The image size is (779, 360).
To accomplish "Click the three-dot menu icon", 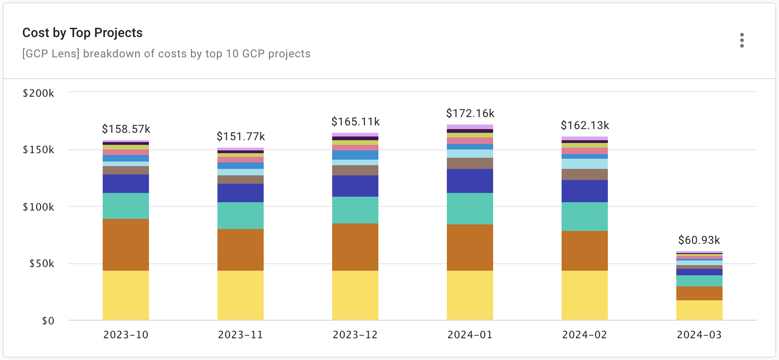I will pyautogui.click(x=742, y=40).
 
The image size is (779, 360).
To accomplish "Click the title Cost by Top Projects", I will pyautogui.click(x=82, y=33).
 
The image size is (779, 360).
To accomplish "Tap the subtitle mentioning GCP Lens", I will pyautogui.click(x=166, y=54).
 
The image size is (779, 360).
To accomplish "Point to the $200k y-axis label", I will pyautogui.click(x=38, y=93).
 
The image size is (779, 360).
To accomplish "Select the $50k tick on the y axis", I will pyautogui.click(x=42, y=264).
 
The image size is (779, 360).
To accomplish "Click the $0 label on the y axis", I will pyautogui.click(x=48, y=321).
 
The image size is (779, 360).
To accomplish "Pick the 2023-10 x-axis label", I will pyautogui.click(x=126, y=335).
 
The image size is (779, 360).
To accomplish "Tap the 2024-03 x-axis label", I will pyautogui.click(x=699, y=335).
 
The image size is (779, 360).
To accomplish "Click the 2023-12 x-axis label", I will pyautogui.click(x=355, y=335).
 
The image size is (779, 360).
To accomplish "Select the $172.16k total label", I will pyautogui.click(x=470, y=113).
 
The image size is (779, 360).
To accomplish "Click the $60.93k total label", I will pyautogui.click(x=699, y=240).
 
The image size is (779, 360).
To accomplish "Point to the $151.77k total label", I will pyautogui.click(x=241, y=137).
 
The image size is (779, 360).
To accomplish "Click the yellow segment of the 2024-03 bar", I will pyautogui.click(x=699, y=310).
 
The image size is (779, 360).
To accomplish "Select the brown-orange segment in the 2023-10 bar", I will pyautogui.click(x=126, y=245).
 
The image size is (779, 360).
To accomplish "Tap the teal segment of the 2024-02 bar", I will pyautogui.click(x=584, y=217).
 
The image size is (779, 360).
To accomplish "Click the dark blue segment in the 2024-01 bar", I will pyautogui.click(x=470, y=181).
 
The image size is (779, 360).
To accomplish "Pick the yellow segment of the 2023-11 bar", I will pyautogui.click(x=241, y=295).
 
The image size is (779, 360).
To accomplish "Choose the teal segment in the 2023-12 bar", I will pyautogui.click(x=355, y=210).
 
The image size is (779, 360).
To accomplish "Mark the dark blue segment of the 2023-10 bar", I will pyautogui.click(x=126, y=184).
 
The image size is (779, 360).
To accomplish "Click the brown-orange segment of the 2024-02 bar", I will pyautogui.click(x=584, y=251).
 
